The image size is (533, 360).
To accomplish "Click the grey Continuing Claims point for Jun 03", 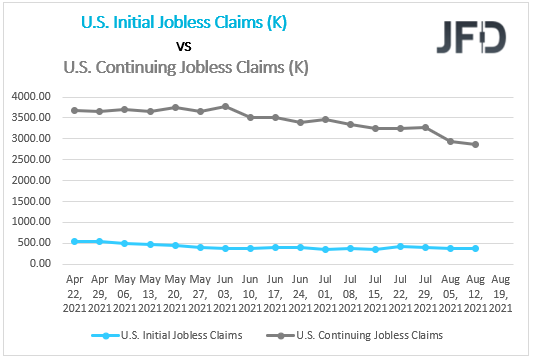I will coord(226,106).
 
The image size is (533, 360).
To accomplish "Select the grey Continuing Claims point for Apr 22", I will coord(74,110).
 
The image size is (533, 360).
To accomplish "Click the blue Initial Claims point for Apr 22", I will coord(74,241).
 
